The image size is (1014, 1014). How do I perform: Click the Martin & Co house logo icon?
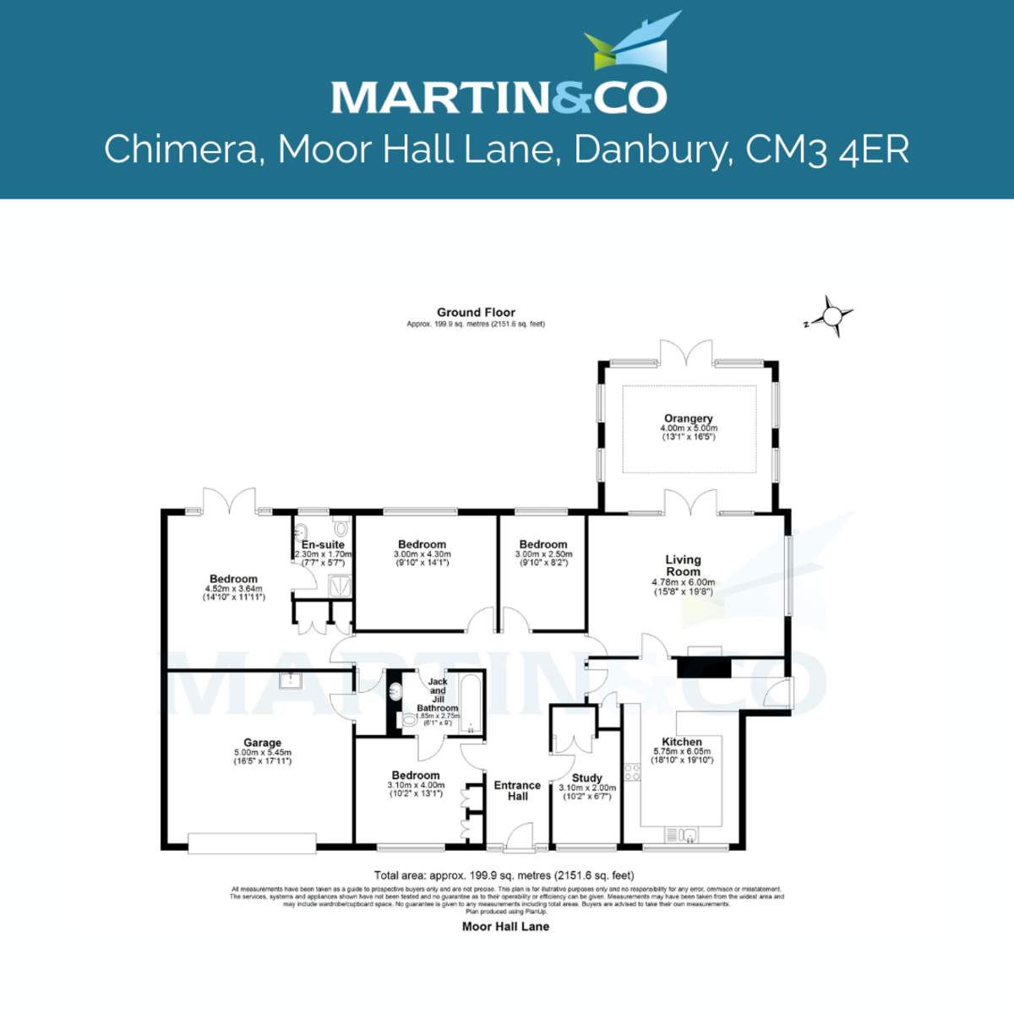point(633,42)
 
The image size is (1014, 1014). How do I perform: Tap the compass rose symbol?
point(832,317)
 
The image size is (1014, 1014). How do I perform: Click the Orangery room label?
point(689,418)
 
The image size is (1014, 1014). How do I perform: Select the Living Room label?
point(683,565)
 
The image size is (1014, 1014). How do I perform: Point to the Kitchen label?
point(682,742)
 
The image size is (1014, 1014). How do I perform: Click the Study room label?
point(587,778)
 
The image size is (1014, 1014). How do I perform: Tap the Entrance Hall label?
point(517,790)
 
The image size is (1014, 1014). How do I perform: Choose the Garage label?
point(262,744)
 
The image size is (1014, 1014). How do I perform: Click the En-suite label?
point(323,545)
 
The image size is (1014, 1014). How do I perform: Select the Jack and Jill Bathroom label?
point(438,695)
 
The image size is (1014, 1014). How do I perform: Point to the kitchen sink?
point(689,835)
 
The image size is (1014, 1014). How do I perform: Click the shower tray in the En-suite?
point(340,585)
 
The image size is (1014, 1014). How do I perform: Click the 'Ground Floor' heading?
point(476,313)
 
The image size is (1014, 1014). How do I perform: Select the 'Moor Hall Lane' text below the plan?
point(505,926)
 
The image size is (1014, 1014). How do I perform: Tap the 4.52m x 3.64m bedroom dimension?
point(234,589)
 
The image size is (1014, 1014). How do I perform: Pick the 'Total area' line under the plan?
point(504,875)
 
